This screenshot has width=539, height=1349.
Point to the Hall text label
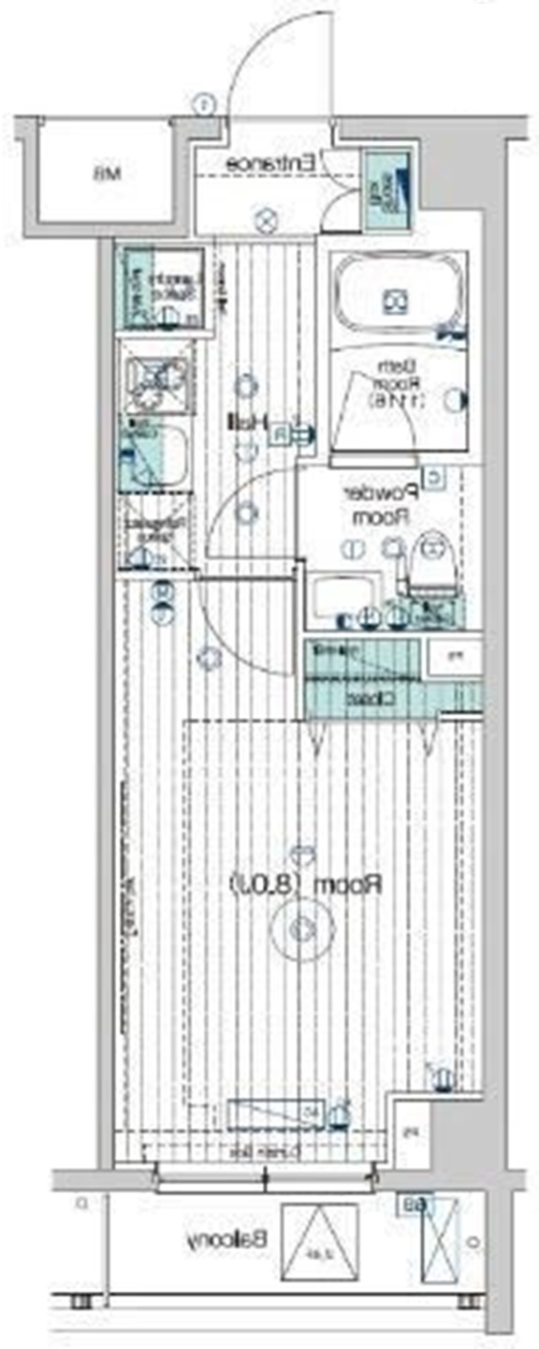pos(245,422)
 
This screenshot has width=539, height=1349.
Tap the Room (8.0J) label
pos(307,882)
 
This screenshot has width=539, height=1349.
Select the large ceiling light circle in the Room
pos(301,929)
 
